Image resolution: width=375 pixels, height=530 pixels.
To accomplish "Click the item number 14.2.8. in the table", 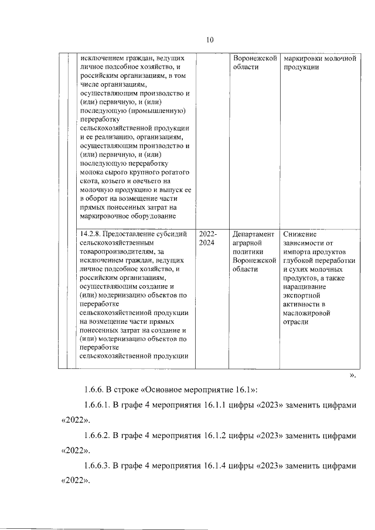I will tap(93, 233).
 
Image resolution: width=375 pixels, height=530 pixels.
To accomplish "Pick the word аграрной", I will tap(248, 242).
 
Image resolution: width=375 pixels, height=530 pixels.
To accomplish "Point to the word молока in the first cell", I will tap(90, 173).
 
